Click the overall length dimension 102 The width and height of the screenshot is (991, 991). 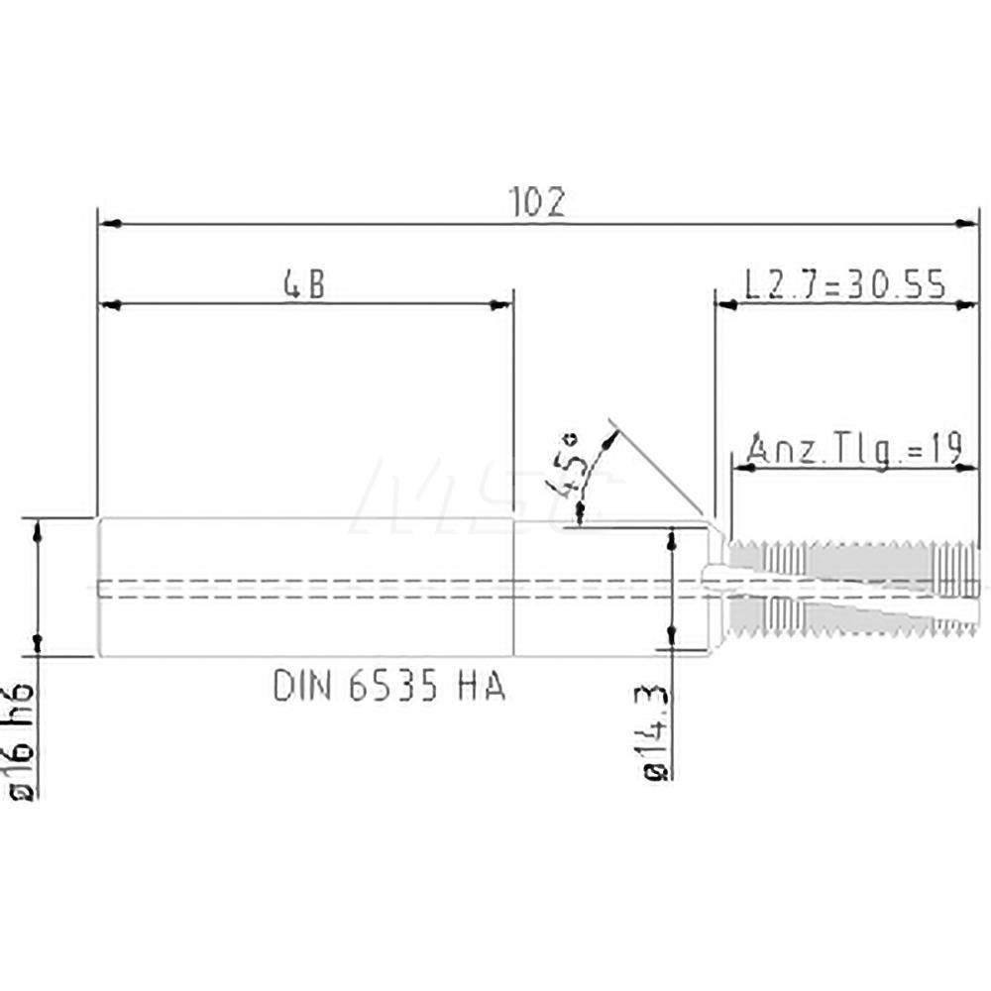(537, 203)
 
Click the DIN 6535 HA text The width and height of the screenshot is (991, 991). (388, 687)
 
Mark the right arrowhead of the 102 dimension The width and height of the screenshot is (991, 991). (967, 224)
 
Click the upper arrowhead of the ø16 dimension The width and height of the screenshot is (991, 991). (38, 530)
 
